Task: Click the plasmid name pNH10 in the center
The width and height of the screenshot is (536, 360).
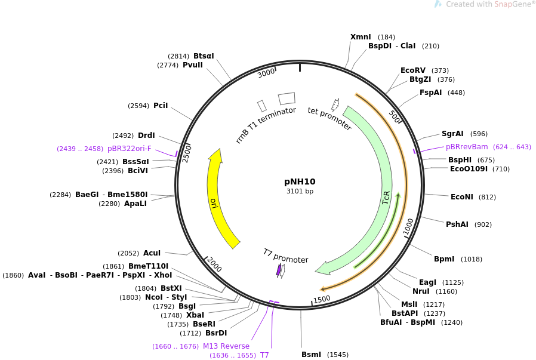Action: tap(300, 181)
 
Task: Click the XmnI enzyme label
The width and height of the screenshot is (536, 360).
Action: tap(361, 37)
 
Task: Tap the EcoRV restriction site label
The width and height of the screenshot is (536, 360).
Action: tap(413, 70)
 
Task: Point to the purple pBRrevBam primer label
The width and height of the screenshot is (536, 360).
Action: tap(467, 147)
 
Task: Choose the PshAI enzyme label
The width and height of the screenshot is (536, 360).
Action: tap(457, 224)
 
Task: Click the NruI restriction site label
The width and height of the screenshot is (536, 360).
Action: tap(421, 291)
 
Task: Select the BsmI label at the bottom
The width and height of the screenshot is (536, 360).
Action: tap(312, 355)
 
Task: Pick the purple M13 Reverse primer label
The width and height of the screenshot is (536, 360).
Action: tap(226, 346)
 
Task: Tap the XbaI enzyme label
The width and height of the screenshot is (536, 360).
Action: tap(195, 315)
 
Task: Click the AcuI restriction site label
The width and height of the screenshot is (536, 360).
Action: tap(152, 253)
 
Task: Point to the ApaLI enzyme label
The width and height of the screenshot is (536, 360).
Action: tap(135, 204)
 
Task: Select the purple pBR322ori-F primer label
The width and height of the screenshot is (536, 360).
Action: tap(130, 149)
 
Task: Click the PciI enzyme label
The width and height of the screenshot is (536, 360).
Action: tap(161, 106)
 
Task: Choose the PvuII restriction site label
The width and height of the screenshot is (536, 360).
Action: tap(193, 65)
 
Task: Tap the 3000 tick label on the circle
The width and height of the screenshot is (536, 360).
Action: tap(266, 73)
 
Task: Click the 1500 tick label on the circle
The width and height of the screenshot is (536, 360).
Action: tap(322, 299)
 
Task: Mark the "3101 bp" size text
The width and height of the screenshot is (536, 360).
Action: tap(300, 192)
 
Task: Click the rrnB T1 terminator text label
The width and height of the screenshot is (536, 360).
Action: tap(266, 125)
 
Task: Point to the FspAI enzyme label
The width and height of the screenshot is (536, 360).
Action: tap(431, 93)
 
